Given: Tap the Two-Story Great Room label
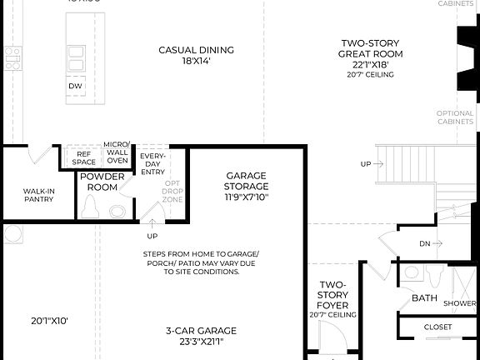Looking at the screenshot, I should pos(371,53).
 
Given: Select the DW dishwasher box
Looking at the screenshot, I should pos(75,85).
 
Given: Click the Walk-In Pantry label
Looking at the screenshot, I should pos(39,196).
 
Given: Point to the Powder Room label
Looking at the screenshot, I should pos(102,182).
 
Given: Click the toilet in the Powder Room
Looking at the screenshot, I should pos(92,210).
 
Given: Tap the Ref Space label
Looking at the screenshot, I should pos(85,158).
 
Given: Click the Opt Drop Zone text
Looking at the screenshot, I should pos(172,191).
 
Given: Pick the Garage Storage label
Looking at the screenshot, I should pos(246,187).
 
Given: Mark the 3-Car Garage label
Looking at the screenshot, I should pos(200,335).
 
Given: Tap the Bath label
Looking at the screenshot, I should pos(423,298).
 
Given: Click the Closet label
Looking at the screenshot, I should pos(438,327).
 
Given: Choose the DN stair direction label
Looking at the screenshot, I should pos(425,243).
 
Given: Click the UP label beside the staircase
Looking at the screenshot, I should pos(366,164).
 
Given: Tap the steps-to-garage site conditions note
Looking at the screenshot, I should pos(200,262).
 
